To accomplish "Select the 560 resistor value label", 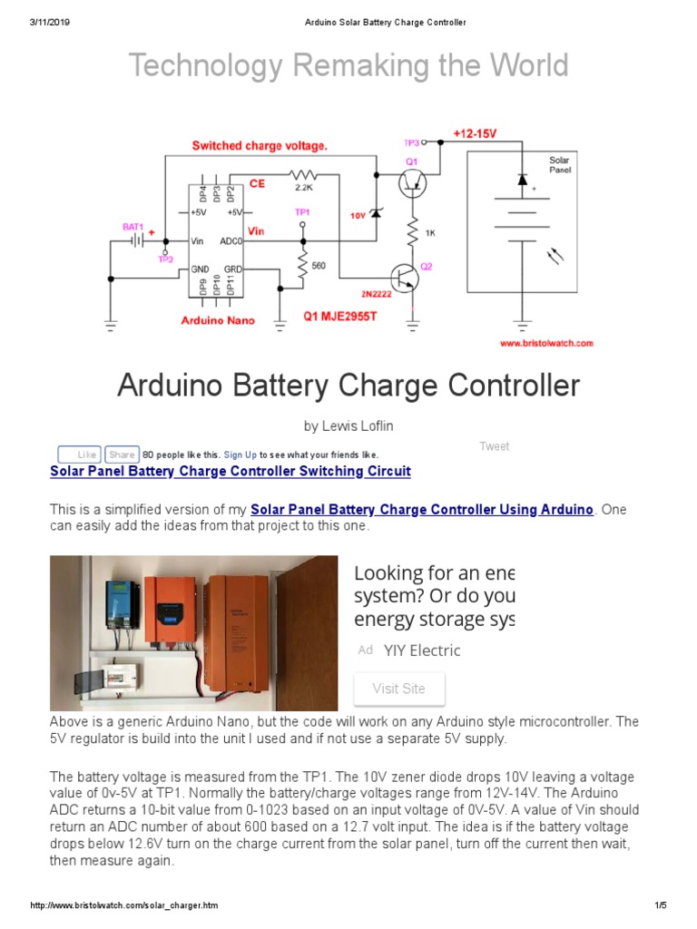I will point(319,266).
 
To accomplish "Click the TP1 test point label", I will point(302,210).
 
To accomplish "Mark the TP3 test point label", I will point(411,142).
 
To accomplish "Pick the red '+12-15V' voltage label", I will point(475,133).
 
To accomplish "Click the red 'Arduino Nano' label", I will point(218,319).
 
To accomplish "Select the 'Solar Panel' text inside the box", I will point(560,164).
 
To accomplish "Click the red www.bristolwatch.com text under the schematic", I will point(545,343).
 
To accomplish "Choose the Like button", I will point(80,455).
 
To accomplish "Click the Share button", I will point(121,455).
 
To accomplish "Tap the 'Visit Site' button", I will point(398,689).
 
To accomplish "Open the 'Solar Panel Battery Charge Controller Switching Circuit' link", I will point(231,472).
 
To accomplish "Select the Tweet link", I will point(494,446).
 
